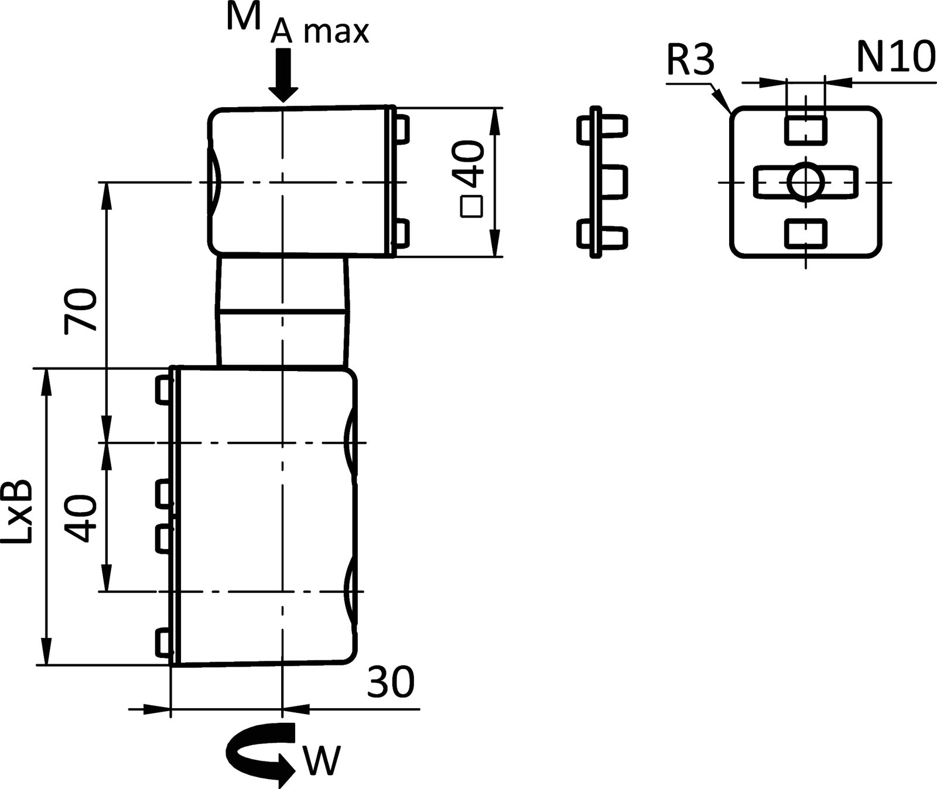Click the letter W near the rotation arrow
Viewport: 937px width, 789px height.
[x=320, y=760]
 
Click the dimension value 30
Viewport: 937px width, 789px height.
[x=391, y=682]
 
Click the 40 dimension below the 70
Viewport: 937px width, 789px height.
[x=80, y=519]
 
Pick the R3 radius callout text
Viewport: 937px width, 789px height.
[x=690, y=61]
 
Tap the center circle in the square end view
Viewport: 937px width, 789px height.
[x=805, y=182]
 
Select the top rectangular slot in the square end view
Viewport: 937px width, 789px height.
[x=805, y=130]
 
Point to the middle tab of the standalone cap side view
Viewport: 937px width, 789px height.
[x=613, y=181]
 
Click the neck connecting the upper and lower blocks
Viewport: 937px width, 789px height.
[x=283, y=311]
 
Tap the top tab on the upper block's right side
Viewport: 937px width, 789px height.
[x=401, y=129]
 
